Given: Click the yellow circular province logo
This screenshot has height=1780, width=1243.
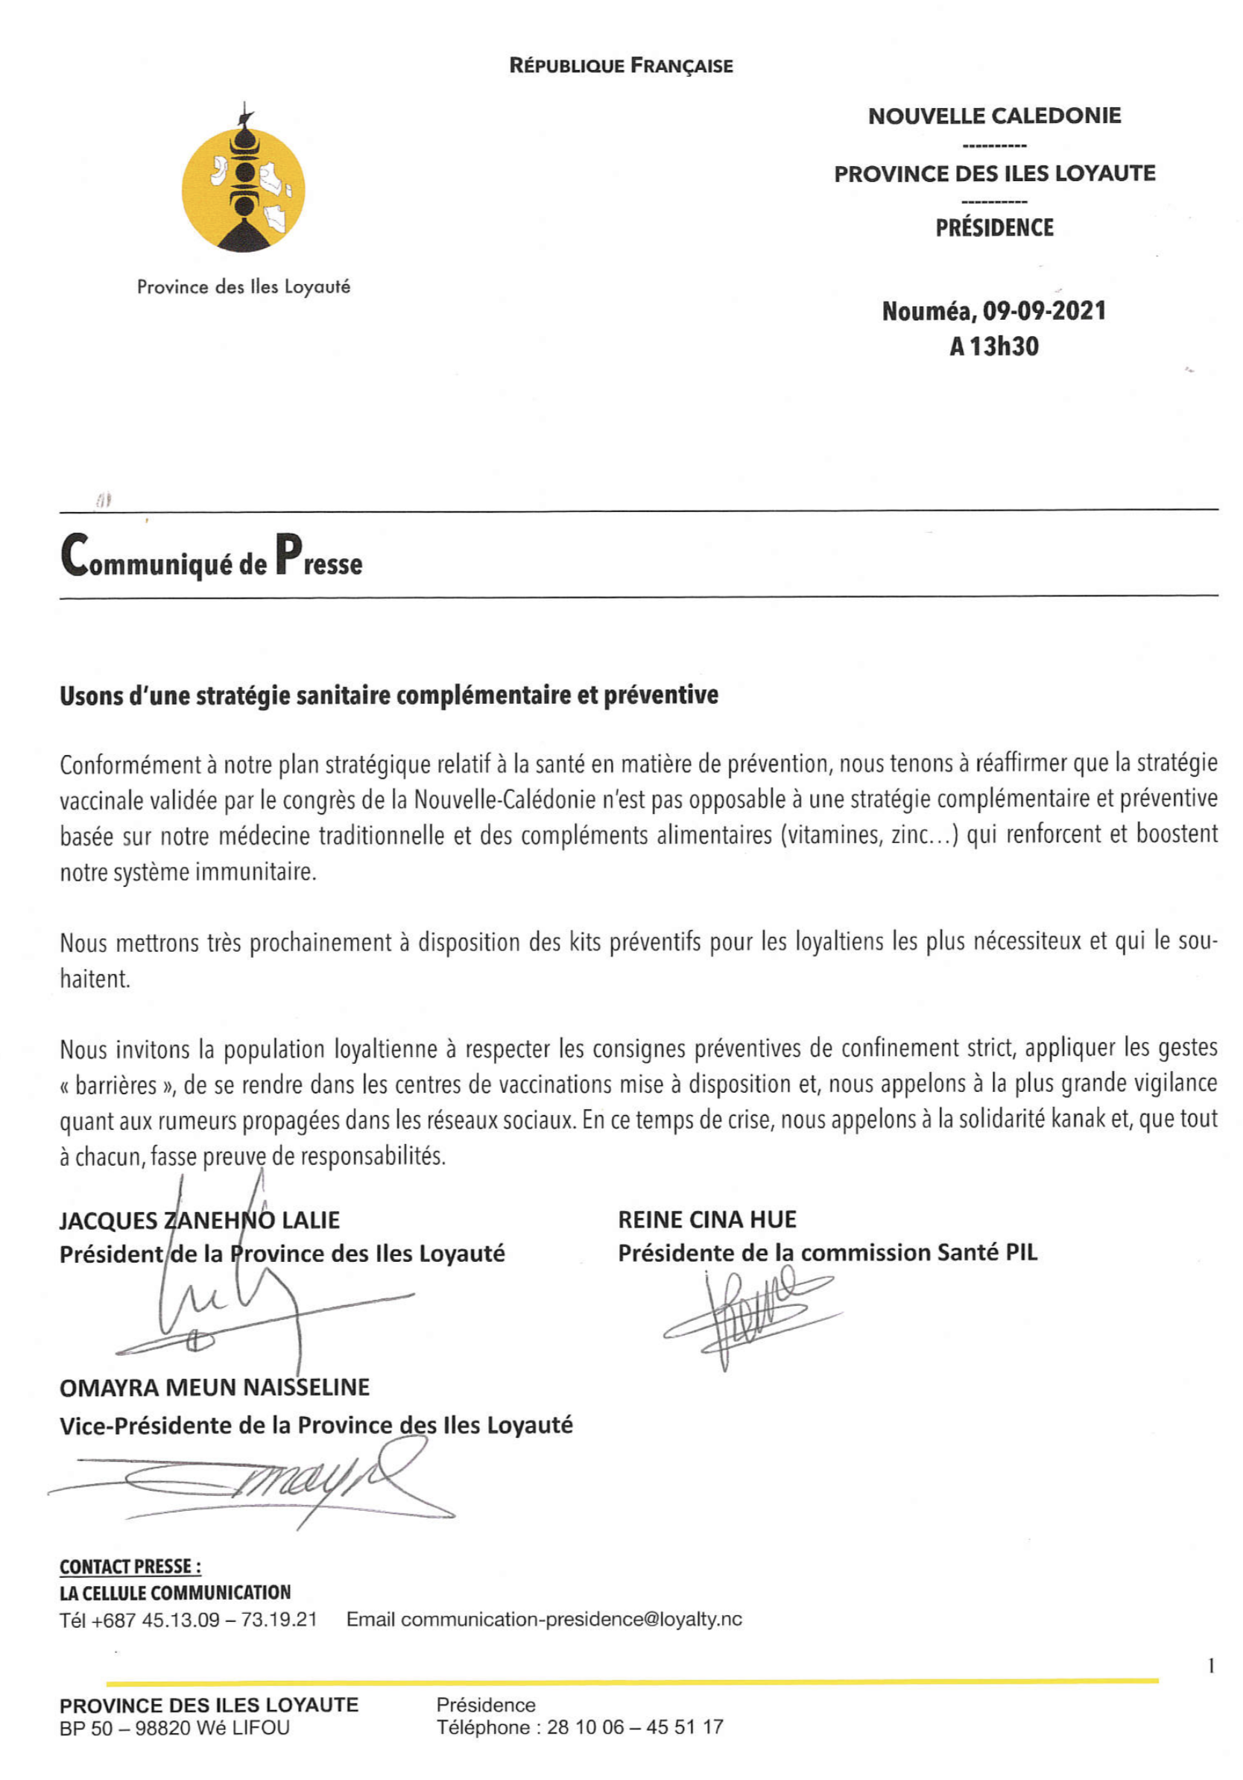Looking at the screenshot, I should pyautogui.click(x=244, y=190).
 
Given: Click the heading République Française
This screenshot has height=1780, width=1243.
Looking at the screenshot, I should pyautogui.click(x=621, y=66).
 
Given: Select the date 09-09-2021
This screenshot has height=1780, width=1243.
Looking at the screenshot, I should pyautogui.click(x=1044, y=312).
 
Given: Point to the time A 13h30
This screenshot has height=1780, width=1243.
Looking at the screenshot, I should pyautogui.click(x=993, y=347).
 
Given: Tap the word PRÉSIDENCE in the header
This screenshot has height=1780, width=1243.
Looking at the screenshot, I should pyautogui.click(x=994, y=228).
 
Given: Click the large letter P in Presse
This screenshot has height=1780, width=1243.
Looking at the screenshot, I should pyautogui.click(x=288, y=555).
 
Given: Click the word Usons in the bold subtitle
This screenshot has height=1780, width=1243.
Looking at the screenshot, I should pyautogui.click(x=92, y=695).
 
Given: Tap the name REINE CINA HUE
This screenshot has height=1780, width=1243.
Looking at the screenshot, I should pyautogui.click(x=706, y=1220).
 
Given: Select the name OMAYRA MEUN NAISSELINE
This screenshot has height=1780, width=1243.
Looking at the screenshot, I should pyautogui.click(x=215, y=1388).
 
